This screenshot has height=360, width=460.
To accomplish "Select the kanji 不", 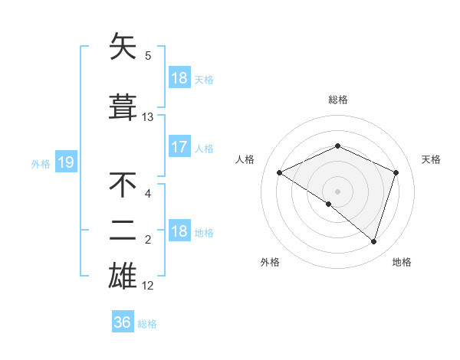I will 123,185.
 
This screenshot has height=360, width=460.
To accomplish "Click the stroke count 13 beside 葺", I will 148,117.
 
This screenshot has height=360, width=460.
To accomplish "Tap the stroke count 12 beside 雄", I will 148,286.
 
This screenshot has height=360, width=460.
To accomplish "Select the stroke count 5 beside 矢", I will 148,56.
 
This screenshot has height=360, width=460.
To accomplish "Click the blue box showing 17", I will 179,147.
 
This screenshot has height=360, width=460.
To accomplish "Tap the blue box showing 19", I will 65,162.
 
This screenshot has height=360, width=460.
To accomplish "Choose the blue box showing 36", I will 123,322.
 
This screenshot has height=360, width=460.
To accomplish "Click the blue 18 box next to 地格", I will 179,231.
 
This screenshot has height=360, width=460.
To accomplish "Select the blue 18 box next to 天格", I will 179,78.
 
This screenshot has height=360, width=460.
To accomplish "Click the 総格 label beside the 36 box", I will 147,323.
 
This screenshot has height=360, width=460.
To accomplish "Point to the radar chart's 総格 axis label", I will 337,100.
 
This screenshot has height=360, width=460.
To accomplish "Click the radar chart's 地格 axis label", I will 402,262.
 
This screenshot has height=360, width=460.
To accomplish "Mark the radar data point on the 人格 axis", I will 280,172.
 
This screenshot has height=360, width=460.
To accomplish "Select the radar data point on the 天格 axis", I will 396,172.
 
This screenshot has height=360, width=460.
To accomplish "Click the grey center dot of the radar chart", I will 337,191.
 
